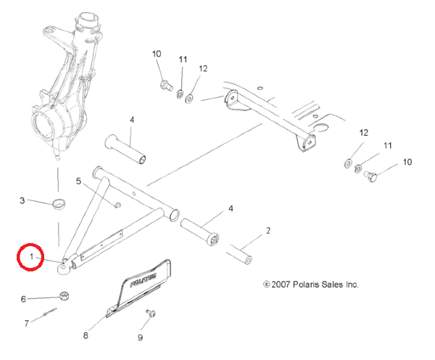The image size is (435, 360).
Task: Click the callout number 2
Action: (x=268, y=230)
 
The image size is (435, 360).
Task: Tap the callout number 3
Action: (x=22, y=200)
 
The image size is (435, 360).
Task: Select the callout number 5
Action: (x=78, y=181)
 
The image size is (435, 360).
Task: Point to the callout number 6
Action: (x=24, y=299)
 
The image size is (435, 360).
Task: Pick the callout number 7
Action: (x=27, y=323)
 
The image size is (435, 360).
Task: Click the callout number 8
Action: (x=86, y=335)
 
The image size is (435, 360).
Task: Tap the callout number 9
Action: (x=141, y=337)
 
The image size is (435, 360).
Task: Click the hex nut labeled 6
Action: (x=64, y=296)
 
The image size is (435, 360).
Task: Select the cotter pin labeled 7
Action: (x=50, y=311)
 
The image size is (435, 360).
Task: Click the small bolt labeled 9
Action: (x=151, y=313)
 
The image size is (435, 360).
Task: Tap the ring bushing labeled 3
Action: (x=59, y=205)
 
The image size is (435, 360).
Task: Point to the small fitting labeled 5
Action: (x=117, y=205)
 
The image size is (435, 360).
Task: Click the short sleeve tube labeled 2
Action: (x=239, y=254)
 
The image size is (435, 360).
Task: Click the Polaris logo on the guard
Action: (x=144, y=279)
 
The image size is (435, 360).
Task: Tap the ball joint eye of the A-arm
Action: (x=64, y=269)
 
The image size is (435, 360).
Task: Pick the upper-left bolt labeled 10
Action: (x=166, y=85)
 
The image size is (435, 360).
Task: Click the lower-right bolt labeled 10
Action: (x=370, y=176)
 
